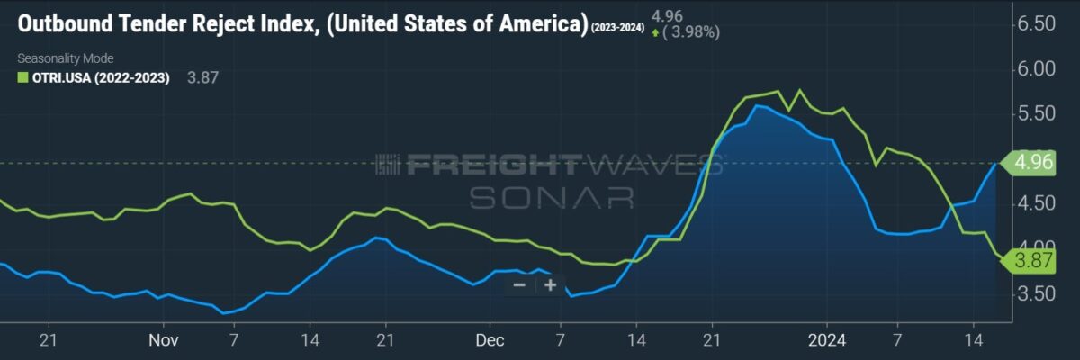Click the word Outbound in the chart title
coord(65,23)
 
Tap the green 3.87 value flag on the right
coord(1029,261)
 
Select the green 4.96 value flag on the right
coord(1029,162)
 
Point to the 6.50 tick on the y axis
coord(1037,23)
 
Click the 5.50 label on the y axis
coord(1037,113)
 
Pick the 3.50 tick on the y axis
coord(1037,293)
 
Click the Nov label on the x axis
coord(164,340)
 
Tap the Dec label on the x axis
coord(490,340)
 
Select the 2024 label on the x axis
coord(827,340)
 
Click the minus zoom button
coord(519,285)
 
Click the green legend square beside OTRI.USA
coord(22,77)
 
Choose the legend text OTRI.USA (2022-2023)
coord(101,78)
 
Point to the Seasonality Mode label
coord(66,58)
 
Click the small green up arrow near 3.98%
coord(655,33)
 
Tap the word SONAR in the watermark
coord(552,198)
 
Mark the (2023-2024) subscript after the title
coord(617,28)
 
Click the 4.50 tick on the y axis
coord(1037,203)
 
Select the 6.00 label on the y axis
coord(1037,69)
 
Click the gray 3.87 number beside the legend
coord(202,77)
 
